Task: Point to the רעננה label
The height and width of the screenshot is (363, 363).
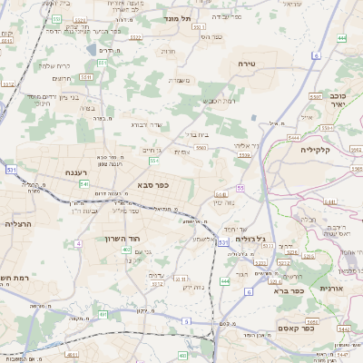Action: click(74, 172)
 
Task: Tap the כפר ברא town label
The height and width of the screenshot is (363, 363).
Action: click(275, 292)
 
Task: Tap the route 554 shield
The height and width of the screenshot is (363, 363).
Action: click(154, 161)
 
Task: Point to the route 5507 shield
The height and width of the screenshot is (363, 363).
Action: click(316, 95)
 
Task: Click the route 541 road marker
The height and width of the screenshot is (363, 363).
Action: click(83, 183)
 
